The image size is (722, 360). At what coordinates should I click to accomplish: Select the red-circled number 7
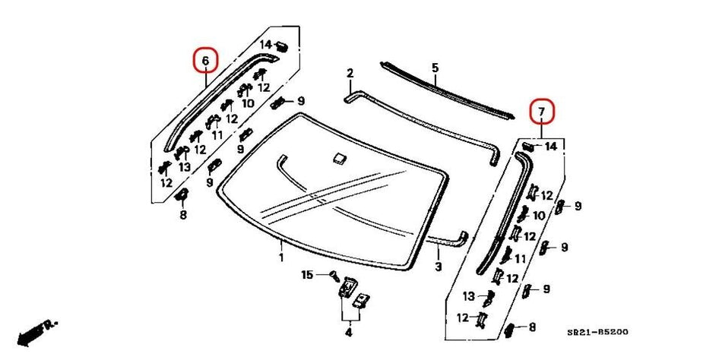(x=542, y=113)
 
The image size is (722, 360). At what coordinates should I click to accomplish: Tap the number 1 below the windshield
(x=281, y=257)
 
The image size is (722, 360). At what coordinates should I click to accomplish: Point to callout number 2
(x=350, y=74)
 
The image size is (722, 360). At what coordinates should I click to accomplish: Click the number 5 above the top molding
(x=435, y=68)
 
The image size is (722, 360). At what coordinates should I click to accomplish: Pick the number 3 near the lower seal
(x=438, y=267)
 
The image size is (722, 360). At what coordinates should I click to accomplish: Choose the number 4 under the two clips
(x=348, y=331)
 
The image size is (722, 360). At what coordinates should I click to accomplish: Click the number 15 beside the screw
(x=307, y=274)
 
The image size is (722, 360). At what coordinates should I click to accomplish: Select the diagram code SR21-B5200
(x=598, y=332)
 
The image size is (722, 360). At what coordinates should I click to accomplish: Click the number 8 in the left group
(x=182, y=215)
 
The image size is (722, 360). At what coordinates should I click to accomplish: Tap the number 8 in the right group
(x=532, y=327)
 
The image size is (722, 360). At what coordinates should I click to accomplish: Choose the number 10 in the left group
(x=248, y=103)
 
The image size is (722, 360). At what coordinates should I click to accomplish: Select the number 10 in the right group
(x=539, y=216)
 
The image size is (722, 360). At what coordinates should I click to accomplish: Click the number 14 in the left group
(x=265, y=44)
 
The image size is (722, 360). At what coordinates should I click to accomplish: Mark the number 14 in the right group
(x=551, y=145)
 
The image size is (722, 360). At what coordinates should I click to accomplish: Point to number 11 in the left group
(x=217, y=134)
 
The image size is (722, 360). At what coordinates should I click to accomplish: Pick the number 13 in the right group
(x=469, y=296)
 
